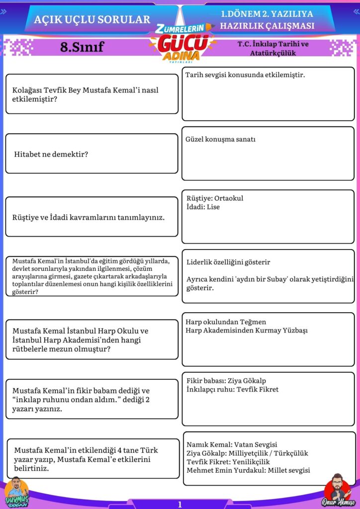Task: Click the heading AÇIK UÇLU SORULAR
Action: pyautogui.click(x=92, y=19)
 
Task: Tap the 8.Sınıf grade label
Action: pyautogui.click(x=82, y=47)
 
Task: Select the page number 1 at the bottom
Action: pyautogui.click(x=180, y=504)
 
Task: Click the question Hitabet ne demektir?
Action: pyautogui.click(x=51, y=154)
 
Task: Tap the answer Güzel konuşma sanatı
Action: pyautogui.click(x=220, y=140)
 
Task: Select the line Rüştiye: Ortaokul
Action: pyautogui.click(x=215, y=198)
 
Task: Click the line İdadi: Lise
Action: pyautogui.click(x=203, y=207)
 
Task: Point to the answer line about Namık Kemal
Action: pyautogui.click(x=232, y=445)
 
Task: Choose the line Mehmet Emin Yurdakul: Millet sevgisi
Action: pyautogui.click(x=248, y=470)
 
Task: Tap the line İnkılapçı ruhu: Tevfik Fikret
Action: pyautogui.click(x=232, y=389)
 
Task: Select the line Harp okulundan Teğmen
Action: pyautogui.click(x=226, y=322)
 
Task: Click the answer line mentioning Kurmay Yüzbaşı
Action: pyautogui.click(x=247, y=331)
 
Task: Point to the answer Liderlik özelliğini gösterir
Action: pyautogui.click(x=228, y=262)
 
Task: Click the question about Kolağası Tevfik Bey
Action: pyautogui.click(x=85, y=94)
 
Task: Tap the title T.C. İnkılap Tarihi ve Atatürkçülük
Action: pyautogui.click(x=273, y=48)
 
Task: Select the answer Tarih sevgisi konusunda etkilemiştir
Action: pyautogui.click(x=245, y=75)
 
